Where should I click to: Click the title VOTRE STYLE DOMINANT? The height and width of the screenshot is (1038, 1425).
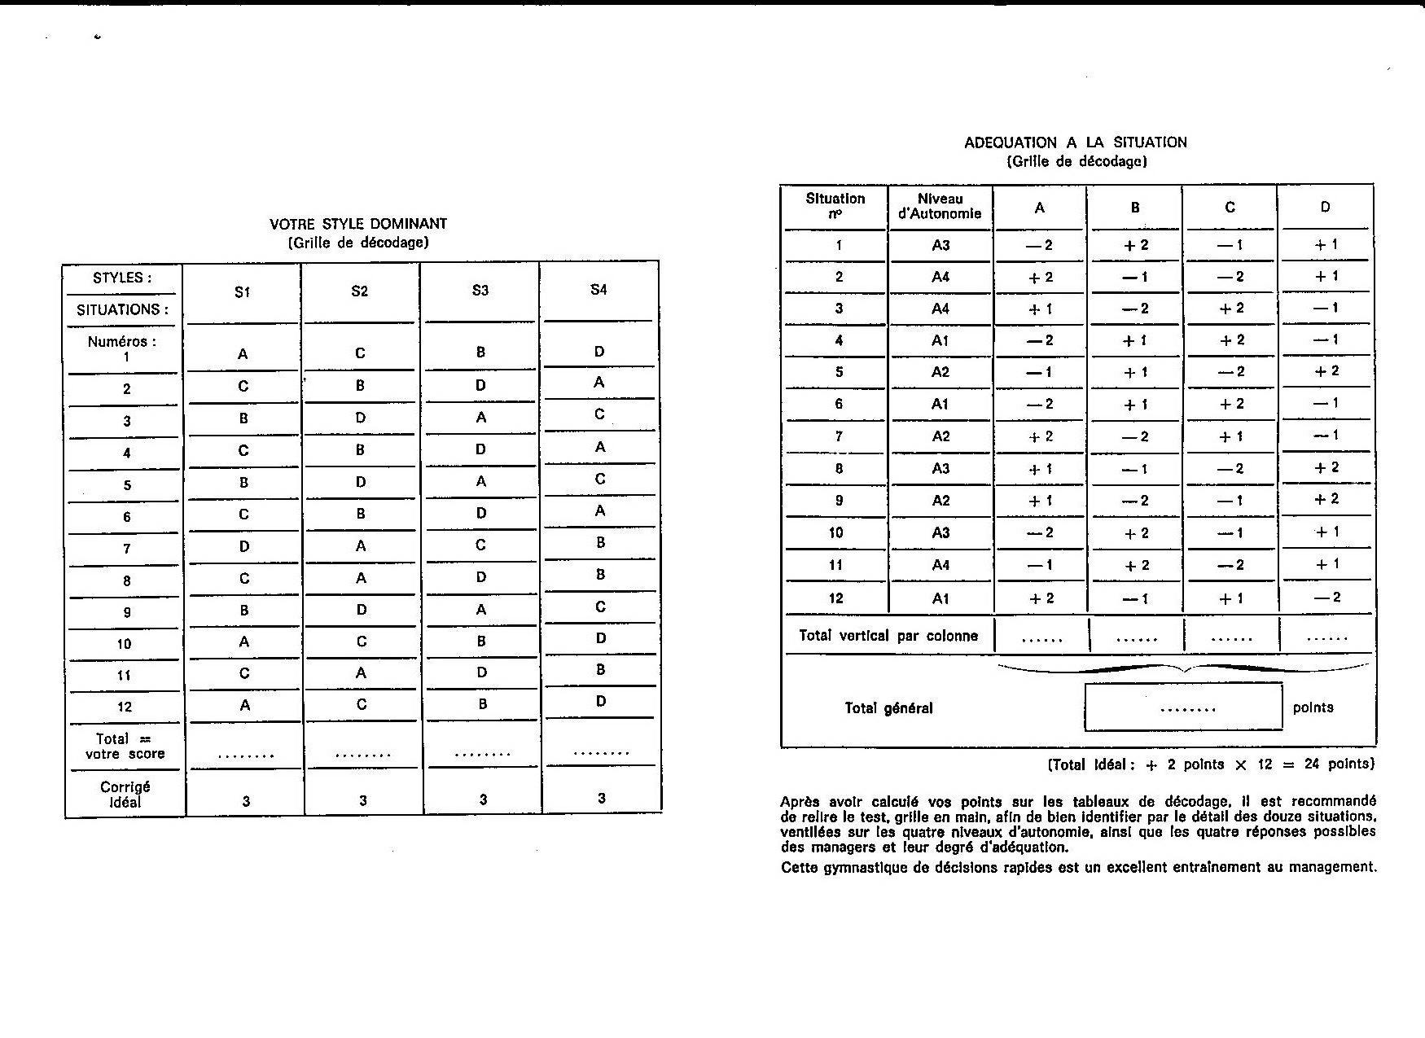coord(358,223)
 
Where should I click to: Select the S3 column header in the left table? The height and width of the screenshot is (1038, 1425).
coord(480,291)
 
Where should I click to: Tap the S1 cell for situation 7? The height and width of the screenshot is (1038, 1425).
coord(243,546)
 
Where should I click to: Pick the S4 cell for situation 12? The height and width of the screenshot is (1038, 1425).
coord(600,701)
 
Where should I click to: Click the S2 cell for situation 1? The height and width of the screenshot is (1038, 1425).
coord(360,353)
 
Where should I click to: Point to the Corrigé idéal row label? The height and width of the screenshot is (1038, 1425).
coord(125,795)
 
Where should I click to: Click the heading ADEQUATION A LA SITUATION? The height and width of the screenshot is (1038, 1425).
coord(1075,142)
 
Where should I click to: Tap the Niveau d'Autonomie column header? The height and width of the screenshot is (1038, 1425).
coord(940,206)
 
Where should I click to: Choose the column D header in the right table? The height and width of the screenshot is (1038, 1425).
coord(1325,207)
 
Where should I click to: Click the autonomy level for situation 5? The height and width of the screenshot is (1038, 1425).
coord(940,372)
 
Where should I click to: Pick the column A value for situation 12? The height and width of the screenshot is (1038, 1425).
coord(1040,598)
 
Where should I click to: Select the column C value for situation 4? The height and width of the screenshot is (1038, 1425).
coord(1230,340)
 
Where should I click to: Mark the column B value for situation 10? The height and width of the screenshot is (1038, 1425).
coord(1135,533)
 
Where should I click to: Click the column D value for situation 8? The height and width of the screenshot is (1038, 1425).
coord(1326,468)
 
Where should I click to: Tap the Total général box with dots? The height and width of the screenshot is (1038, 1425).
coord(1183,707)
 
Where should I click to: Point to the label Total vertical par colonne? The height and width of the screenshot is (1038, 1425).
coord(888,636)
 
